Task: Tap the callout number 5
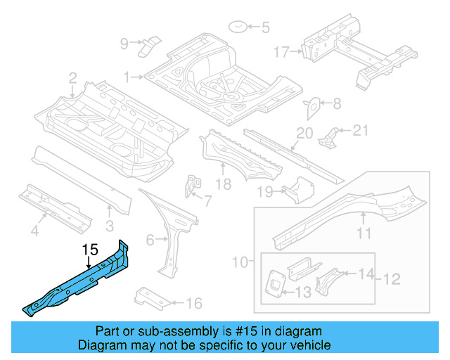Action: (x=265, y=29)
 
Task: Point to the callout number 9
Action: (x=124, y=44)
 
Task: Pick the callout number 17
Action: (x=281, y=51)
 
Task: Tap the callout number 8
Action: (x=336, y=104)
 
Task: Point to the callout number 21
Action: (x=360, y=129)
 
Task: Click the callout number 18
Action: (x=223, y=184)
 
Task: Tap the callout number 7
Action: (x=207, y=201)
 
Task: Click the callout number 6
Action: (x=150, y=240)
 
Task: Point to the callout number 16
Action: (x=194, y=304)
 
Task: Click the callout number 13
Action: (x=304, y=292)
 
